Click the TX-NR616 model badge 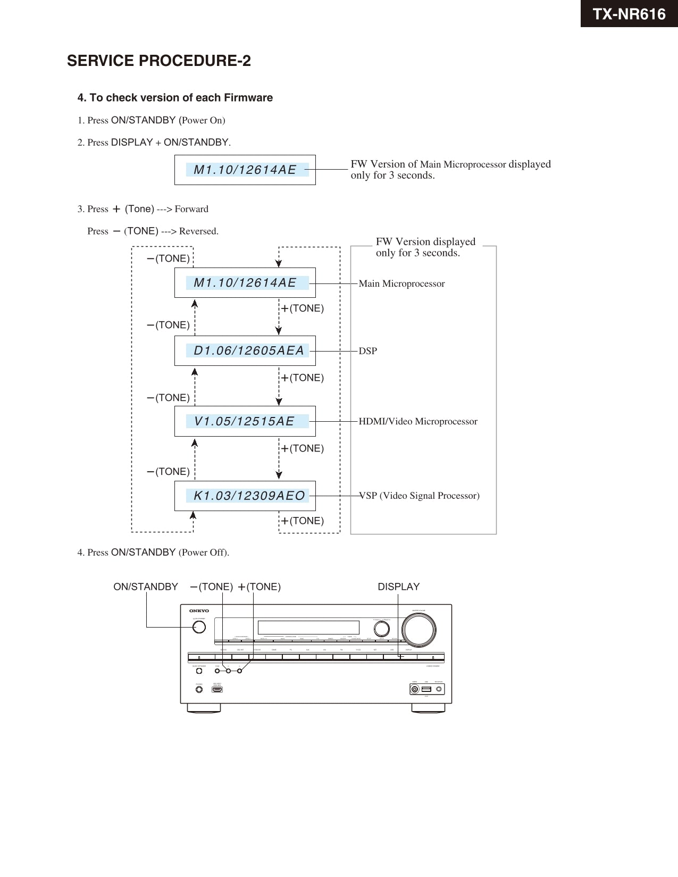tap(629, 14)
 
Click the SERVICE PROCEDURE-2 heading tap(158, 61)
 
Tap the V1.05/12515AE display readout tap(245, 421)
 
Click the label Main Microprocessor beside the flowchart tap(401, 284)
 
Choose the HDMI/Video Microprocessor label tap(418, 422)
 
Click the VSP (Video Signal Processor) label tap(419, 496)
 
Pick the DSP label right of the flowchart tap(367, 351)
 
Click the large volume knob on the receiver tap(419, 630)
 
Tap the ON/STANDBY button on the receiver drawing tap(199, 627)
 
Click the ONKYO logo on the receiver tap(199, 611)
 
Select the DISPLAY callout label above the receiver tap(398, 587)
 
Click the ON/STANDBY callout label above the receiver tap(146, 587)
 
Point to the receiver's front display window tap(308, 628)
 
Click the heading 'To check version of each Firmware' tap(175, 98)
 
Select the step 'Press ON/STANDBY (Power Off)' tap(153, 553)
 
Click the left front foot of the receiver tap(204, 708)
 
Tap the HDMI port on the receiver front tap(217, 690)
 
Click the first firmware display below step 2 tap(245, 170)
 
